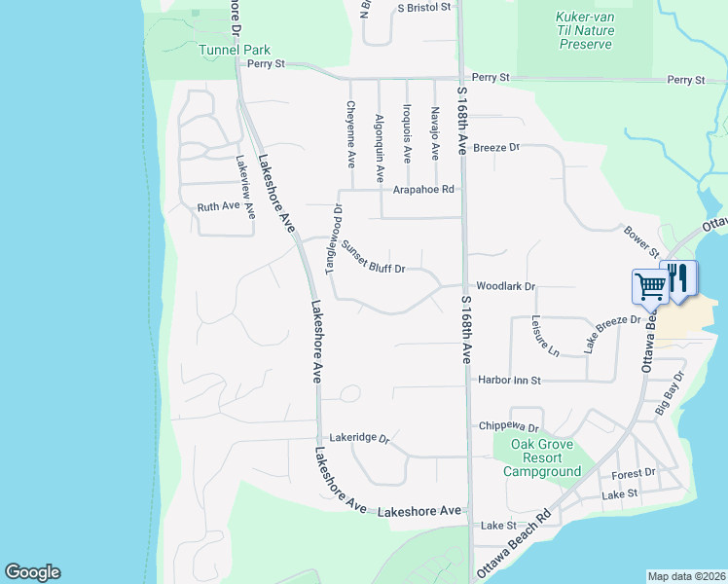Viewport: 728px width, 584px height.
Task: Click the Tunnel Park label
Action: pos(234,50)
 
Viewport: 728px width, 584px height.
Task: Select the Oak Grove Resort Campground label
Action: pos(541,458)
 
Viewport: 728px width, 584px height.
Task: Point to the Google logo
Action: pos(33,572)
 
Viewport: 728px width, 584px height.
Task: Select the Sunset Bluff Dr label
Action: pos(373,256)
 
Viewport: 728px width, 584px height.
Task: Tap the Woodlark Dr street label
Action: pos(506,286)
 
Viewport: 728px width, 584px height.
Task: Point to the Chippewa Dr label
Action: pos(509,426)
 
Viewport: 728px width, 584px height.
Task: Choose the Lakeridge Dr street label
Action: pos(359,439)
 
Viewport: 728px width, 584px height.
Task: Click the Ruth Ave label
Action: pos(218,207)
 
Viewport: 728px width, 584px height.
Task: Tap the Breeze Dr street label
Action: pos(496,148)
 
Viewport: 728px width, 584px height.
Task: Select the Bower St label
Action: pos(641,237)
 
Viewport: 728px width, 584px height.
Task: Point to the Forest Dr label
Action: pos(634,474)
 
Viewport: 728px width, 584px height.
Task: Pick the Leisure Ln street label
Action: pos(546,335)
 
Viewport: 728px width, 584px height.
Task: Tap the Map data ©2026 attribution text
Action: pos(687,576)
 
